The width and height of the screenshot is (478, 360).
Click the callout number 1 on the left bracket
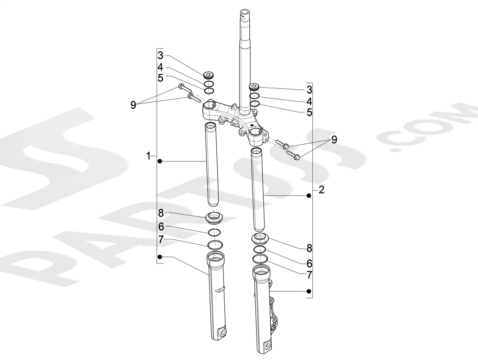tap(148, 156)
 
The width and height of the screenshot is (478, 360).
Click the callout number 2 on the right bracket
tap(321, 190)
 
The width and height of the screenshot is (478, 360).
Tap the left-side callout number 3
tap(161, 55)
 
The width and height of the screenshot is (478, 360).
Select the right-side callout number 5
tap(310, 113)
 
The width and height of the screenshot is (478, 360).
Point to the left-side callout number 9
tap(133, 105)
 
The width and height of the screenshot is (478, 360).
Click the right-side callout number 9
tap(334, 139)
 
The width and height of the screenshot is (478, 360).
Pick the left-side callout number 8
tap(161, 213)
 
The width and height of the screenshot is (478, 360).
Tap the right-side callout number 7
tap(310, 275)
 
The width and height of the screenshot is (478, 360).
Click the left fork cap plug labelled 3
tap(209, 75)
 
